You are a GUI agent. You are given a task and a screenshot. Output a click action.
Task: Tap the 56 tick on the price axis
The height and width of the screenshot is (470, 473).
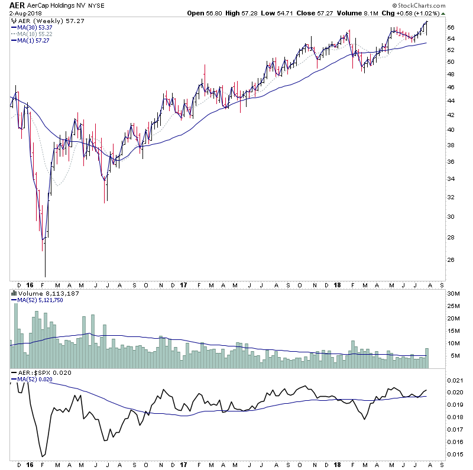click(451, 28)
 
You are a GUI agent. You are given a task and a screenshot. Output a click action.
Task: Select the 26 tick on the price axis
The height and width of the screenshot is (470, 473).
click(451, 260)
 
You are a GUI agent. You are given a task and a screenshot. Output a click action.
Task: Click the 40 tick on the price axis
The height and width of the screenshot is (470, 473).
click(451, 130)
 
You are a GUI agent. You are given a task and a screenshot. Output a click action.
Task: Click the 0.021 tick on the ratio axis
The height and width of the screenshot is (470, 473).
click(455, 380)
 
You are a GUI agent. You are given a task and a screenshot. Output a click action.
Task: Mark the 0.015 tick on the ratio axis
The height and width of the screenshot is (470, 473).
click(455, 454)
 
